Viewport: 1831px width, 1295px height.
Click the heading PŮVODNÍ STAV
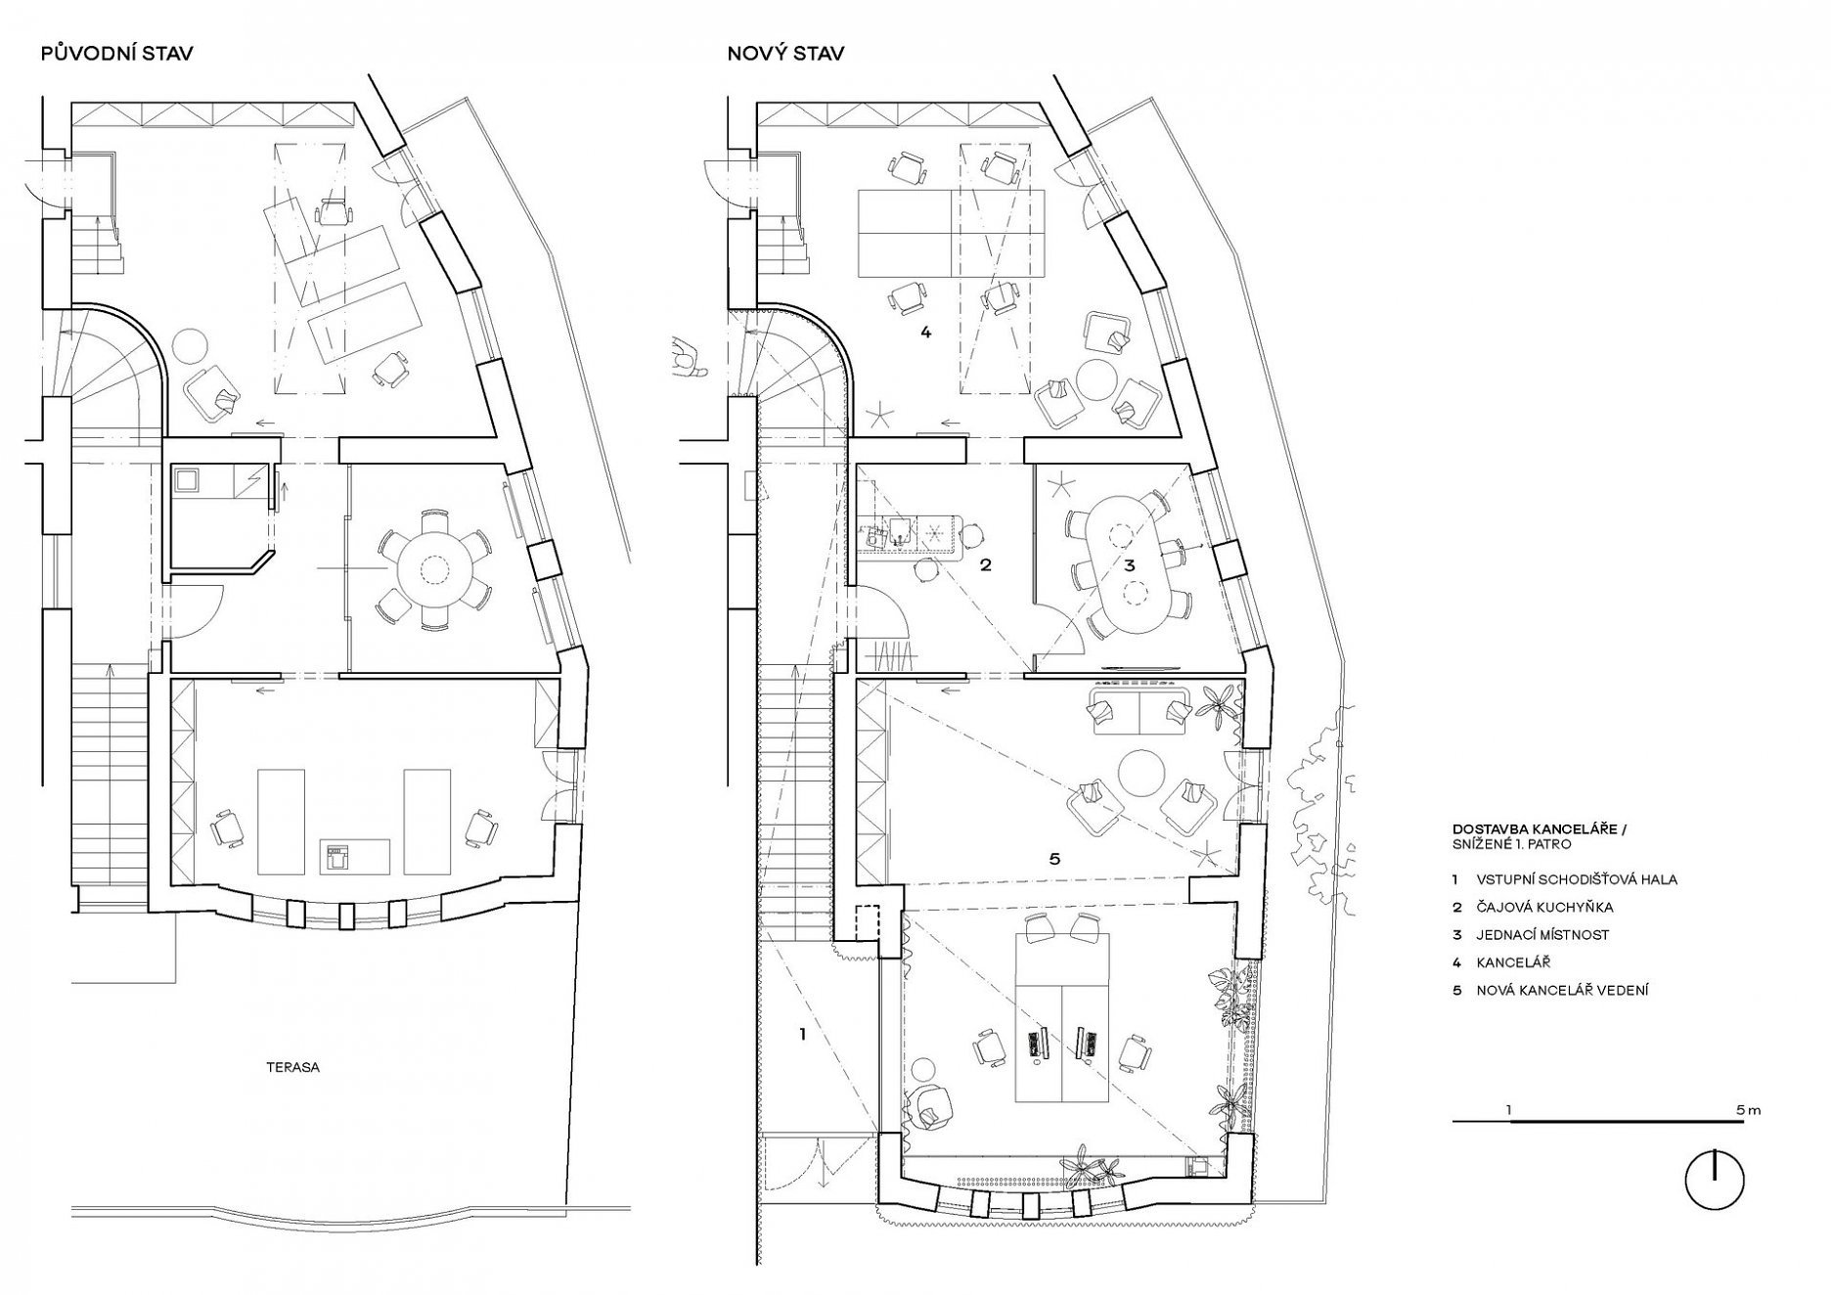[116, 53]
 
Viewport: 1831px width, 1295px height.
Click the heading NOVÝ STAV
[785, 53]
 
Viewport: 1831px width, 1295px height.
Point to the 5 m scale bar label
[1749, 1110]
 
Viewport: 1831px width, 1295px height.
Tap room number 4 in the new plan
[925, 333]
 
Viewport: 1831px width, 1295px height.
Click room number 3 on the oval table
[1130, 565]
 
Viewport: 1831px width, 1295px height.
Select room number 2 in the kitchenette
[986, 565]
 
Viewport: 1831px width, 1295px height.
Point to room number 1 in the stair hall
[802, 1033]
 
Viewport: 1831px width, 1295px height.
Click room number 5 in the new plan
[1053, 859]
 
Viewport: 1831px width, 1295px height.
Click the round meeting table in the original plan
[431, 566]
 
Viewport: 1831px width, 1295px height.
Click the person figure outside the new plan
[689, 357]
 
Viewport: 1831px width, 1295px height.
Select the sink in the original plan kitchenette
[187, 480]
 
